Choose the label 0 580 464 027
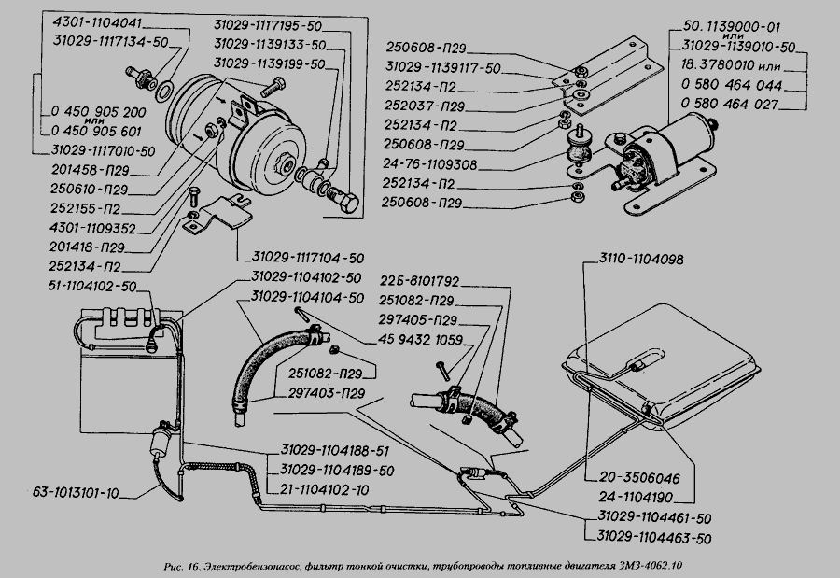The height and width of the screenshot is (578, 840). (x=731, y=106)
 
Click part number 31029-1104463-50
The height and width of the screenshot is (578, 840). (x=650, y=539)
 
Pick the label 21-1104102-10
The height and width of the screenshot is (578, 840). (x=328, y=487)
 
